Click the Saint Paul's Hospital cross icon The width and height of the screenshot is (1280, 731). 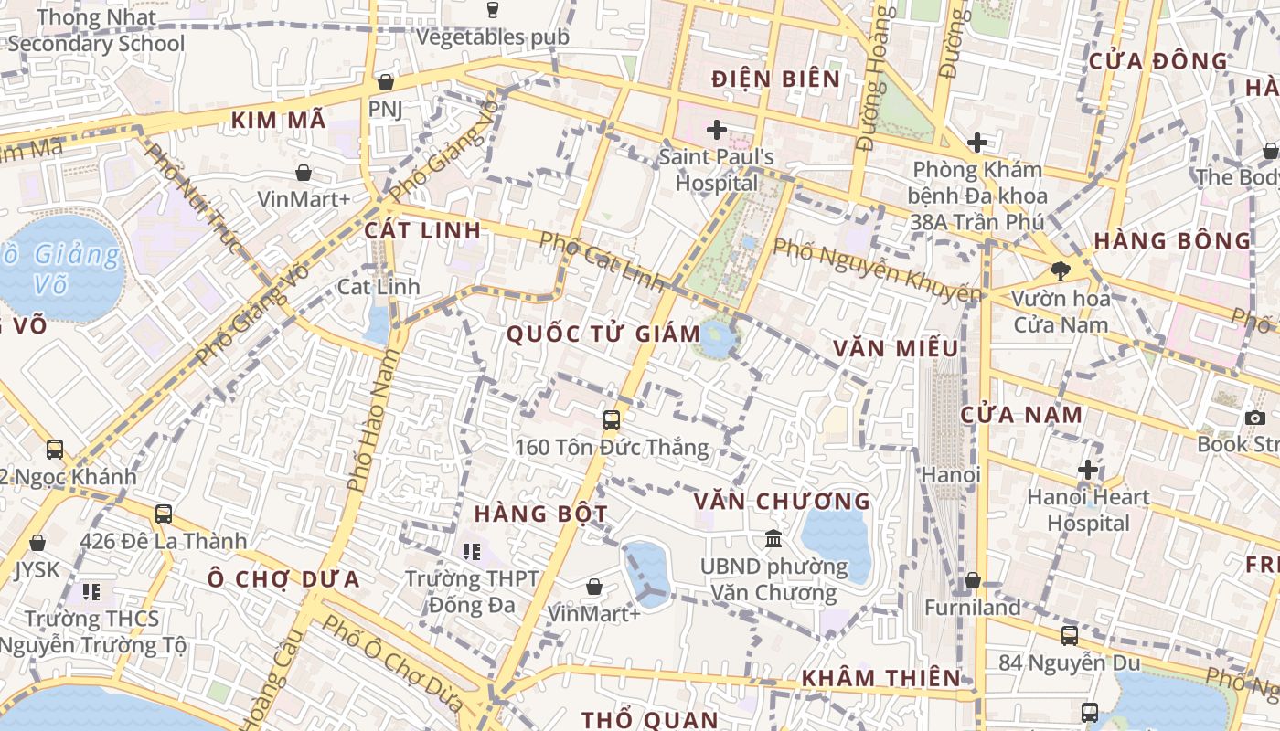point(717,130)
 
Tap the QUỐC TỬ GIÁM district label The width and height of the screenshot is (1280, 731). point(603,334)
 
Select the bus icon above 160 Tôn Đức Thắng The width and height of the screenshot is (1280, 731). point(612,420)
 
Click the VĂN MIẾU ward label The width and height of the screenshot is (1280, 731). point(896,348)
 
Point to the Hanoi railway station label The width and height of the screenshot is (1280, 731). point(951,475)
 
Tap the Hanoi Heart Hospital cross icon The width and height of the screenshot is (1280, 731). point(1087,470)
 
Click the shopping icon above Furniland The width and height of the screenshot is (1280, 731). point(973,581)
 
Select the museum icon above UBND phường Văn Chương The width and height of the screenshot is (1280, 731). point(773,539)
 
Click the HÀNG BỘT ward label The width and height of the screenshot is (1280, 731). point(541,514)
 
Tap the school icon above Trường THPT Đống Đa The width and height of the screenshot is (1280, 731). point(472,551)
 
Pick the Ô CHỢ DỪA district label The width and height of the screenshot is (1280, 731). point(283,579)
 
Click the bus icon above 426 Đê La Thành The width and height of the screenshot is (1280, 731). point(164,514)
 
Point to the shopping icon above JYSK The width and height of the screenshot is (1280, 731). point(37,543)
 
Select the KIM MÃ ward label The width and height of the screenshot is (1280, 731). point(278,120)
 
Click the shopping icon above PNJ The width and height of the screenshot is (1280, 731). point(386,82)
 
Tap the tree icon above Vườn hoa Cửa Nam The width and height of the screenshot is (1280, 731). point(1061,270)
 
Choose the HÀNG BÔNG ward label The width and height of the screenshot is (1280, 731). point(1172,241)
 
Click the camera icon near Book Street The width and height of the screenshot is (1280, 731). point(1254,418)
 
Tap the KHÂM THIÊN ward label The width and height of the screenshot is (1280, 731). point(881,678)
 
